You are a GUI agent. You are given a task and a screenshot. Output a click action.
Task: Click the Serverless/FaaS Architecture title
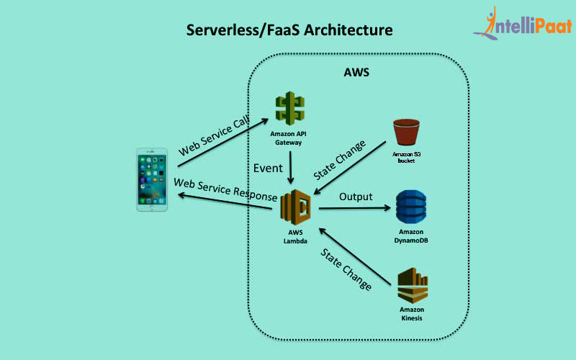tap(290, 30)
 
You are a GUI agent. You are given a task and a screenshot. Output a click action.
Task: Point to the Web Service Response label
tap(225, 190)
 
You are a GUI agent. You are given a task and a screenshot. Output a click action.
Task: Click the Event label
tap(267, 168)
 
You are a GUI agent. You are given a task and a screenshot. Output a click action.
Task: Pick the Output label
tap(356, 197)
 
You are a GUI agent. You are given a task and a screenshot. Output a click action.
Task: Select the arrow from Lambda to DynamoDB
tap(355, 209)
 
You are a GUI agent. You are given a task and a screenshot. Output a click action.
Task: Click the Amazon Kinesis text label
tap(412, 313)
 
